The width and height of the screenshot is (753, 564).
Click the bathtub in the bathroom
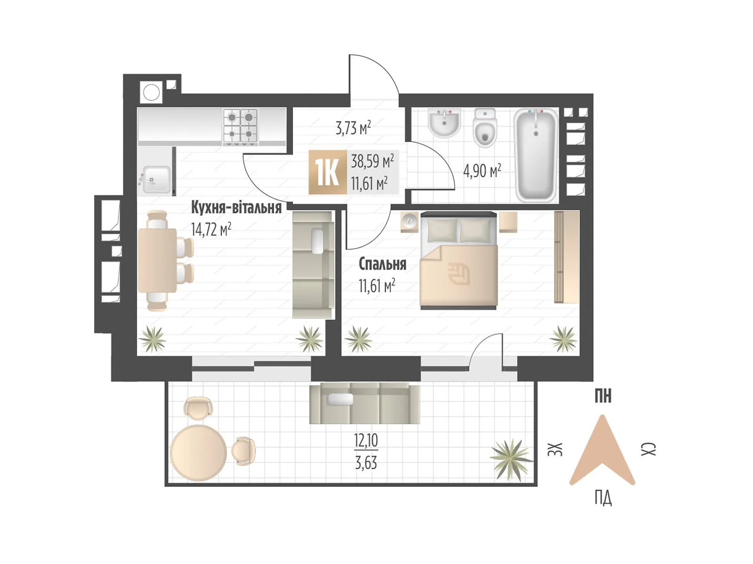coord(536,155)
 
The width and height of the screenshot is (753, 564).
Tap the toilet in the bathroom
coord(484,128)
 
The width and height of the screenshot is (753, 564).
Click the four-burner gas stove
coord(240,127)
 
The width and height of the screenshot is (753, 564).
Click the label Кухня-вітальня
coord(236,208)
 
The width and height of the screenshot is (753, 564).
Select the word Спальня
coord(382,264)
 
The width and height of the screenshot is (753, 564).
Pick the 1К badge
coord(327,172)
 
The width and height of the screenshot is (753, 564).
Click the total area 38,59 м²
coord(372,161)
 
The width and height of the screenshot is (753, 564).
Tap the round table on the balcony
coord(198,454)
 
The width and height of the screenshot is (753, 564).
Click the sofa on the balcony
coord(365,403)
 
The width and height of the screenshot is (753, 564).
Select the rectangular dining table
coord(157,260)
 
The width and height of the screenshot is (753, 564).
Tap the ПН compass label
coord(603,397)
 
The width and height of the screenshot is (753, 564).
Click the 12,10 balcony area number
coord(366,441)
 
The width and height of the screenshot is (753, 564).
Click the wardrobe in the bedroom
coord(567,257)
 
